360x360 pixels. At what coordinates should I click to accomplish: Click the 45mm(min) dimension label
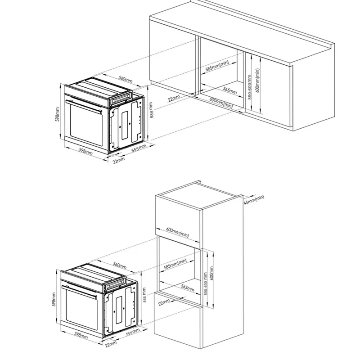pyautogui.click(x=254, y=200)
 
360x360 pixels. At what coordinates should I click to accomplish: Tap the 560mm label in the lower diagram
pyautogui.click(x=120, y=265)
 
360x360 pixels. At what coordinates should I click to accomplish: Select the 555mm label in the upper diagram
pyautogui.click(x=139, y=148)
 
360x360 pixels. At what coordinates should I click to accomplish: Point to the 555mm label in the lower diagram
pyautogui.click(x=133, y=332)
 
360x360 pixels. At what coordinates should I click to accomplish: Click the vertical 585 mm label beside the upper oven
pyautogui.click(x=151, y=110)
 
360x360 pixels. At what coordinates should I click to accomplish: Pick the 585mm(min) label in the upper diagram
pyautogui.click(x=217, y=66)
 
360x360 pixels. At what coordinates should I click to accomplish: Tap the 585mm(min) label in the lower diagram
pyautogui.click(x=175, y=264)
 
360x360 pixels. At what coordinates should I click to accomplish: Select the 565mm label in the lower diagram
pyautogui.click(x=188, y=288)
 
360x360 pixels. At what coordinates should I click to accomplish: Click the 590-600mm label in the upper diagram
pyautogui.click(x=250, y=87)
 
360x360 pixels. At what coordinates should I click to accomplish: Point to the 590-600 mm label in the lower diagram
pyautogui.click(x=206, y=284)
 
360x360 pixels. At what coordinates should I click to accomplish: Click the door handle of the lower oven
pyautogui.click(x=79, y=292)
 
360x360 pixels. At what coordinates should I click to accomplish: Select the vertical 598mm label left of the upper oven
pyautogui.click(x=58, y=114)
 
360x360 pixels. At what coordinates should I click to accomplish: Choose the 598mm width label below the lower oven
pyautogui.click(x=81, y=335)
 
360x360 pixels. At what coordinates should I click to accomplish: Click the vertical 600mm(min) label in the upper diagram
pyautogui.click(x=257, y=81)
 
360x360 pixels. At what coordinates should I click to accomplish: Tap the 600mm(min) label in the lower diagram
pyautogui.click(x=177, y=233)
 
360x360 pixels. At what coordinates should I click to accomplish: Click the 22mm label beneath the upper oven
pyautogui.click(x=119, y=161)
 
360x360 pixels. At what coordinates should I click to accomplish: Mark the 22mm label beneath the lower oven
pyautogui.click(x=111, y=344)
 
